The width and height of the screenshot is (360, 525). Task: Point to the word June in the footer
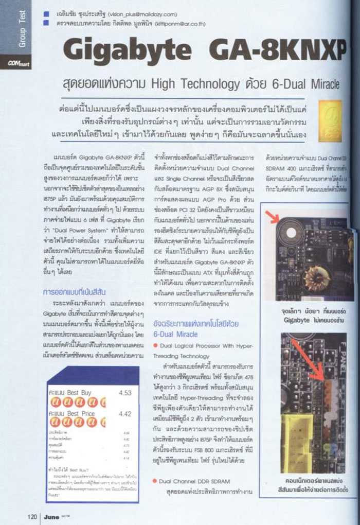[51, 515]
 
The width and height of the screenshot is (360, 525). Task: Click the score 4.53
[125, 393]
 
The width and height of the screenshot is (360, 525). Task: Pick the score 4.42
[125, 413]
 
